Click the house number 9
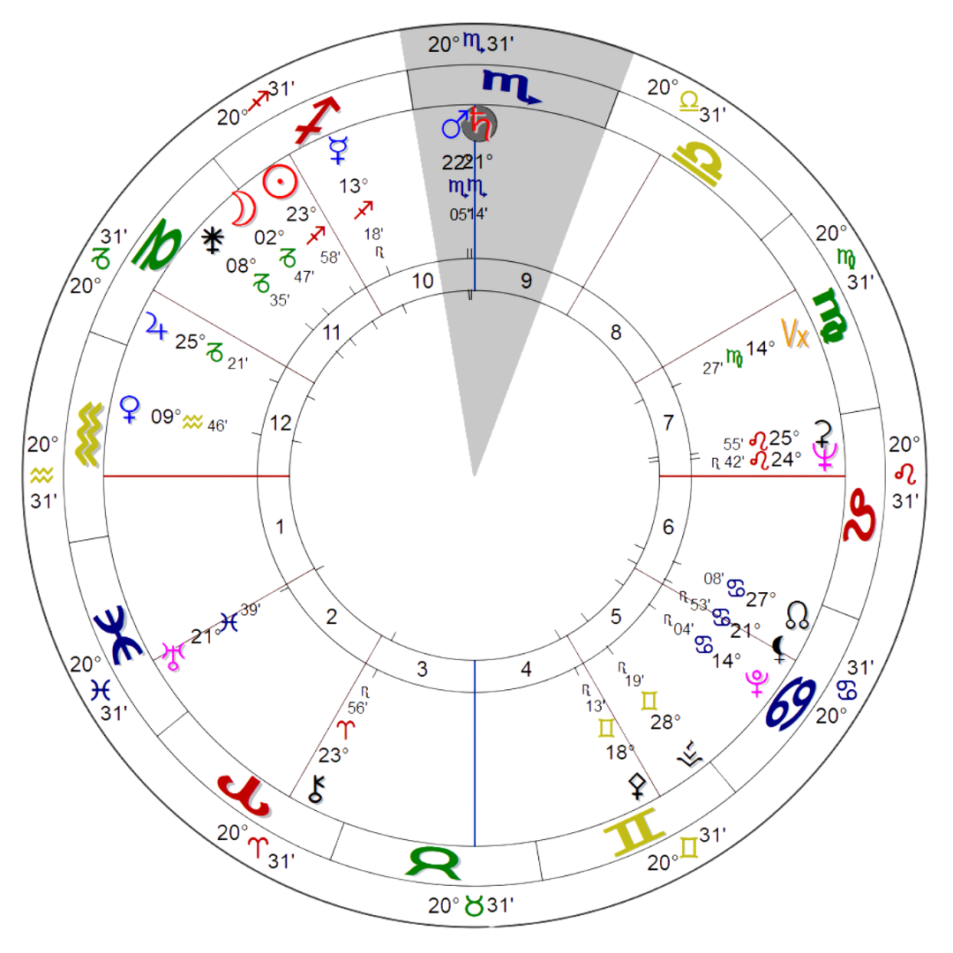(526, 281)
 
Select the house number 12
(281, 424)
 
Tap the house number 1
(281, 529)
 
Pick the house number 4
(526, 670)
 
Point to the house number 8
(616, 332)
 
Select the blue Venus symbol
(130, 411)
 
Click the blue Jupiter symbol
(156, 327)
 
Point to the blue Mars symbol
(454, 126)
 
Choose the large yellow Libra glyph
(698, 161)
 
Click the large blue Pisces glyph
(117, 634)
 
